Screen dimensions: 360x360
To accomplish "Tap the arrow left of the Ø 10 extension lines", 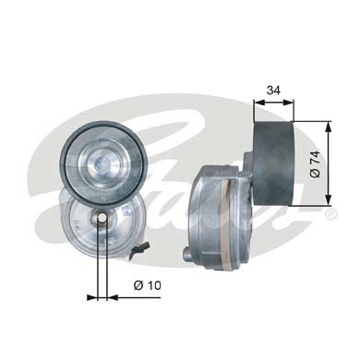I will click(x=90, y=297).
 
